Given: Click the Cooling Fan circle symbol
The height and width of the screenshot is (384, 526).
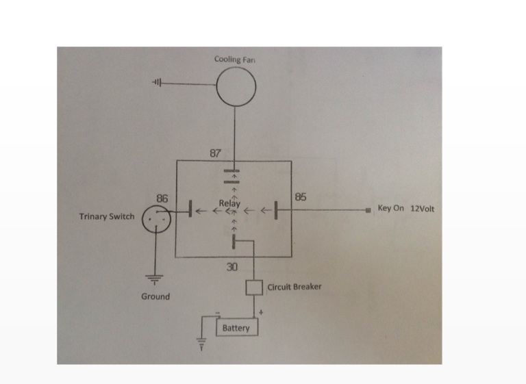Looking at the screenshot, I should [236, 89].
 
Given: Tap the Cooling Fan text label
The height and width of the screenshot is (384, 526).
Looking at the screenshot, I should [235, 60].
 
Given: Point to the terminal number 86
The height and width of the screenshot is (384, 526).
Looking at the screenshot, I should [162, 198].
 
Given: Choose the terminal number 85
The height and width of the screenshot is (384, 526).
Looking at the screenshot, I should [300, 197].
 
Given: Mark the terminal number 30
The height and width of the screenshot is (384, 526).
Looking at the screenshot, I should [231, 267].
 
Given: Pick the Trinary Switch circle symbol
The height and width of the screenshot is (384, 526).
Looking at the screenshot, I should [156, 220].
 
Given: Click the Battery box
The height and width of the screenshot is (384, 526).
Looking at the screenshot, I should [236, 329].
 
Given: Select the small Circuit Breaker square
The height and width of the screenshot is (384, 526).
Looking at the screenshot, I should [254, 287].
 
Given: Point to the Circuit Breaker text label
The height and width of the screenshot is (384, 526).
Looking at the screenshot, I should [295, 287].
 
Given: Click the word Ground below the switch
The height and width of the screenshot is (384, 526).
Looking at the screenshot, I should [155, 296].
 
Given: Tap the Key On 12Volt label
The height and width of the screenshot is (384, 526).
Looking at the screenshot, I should [405, 208].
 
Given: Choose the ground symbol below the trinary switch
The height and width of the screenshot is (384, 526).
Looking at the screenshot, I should [155, 277].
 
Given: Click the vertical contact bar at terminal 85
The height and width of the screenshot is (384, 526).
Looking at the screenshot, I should [275, 210].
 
